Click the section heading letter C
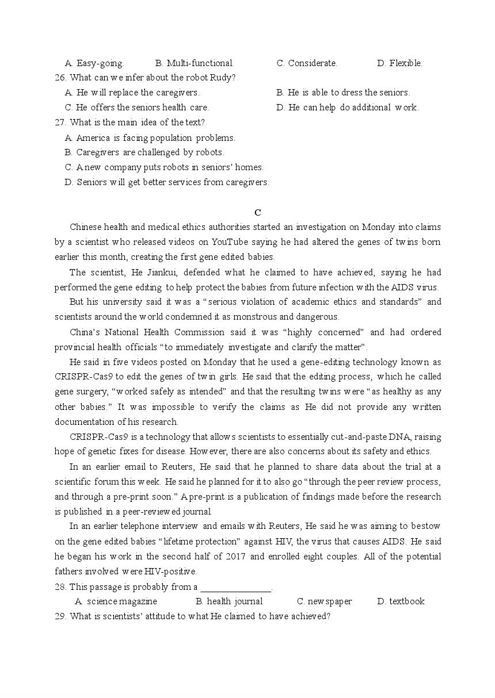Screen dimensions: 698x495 coord(258,212)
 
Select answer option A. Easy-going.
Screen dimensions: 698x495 coord(94,63)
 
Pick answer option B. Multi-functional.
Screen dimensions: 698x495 coord(195,63)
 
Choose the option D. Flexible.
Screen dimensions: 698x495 coord(399,63)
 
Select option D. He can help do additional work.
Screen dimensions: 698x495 coord(347,108)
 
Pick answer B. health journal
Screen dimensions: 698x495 coord(229,601)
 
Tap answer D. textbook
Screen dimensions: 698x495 coord(401,601)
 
